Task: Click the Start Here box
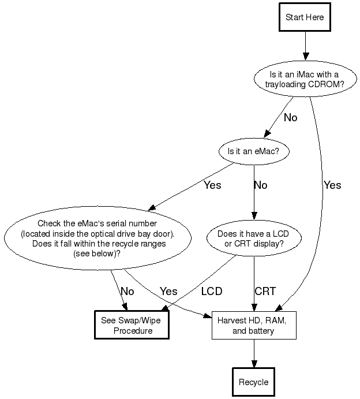pos(305,17)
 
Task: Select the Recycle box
pos(253,382)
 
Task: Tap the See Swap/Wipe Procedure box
pos(132,325)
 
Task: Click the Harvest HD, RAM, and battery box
pos(253,325)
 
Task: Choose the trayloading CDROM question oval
pos(305,78)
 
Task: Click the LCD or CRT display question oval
pos(254,239)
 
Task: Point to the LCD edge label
pos(212,291)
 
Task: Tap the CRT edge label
pos(265,291)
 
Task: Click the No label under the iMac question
pos(290,118)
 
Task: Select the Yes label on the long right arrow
pos(332,185)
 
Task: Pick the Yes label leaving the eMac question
pos(212,185)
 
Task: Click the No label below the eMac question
pos(261,185)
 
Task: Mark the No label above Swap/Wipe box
pos(127,291)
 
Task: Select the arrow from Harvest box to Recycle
pos(253,353)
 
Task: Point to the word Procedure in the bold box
pos(133,331)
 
